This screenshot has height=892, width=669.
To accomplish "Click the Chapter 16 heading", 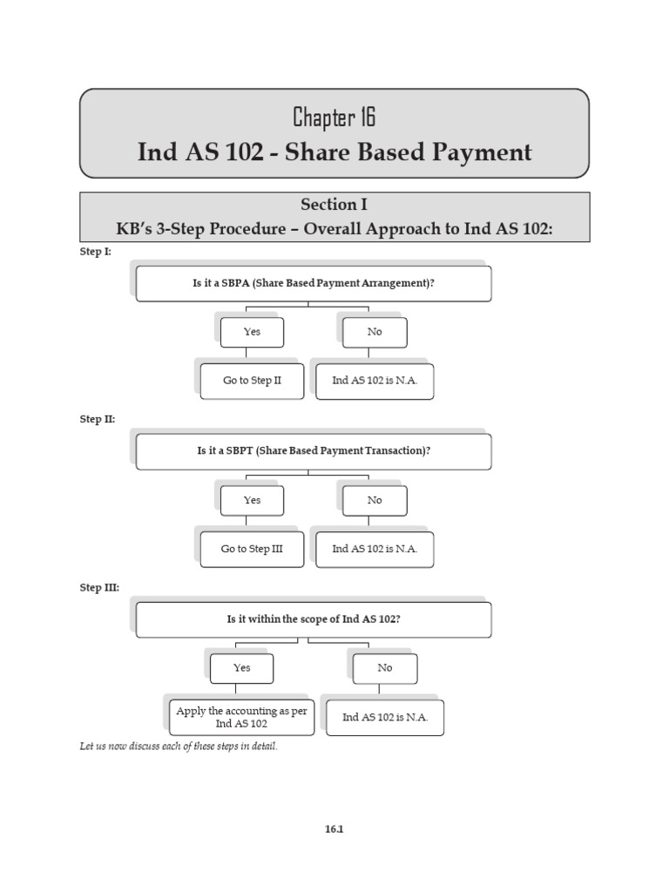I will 334,117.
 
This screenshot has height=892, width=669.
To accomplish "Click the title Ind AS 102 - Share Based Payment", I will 334,152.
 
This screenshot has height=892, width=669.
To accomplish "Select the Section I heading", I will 334,205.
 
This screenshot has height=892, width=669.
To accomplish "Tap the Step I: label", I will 96,251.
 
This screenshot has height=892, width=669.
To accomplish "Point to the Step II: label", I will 98,419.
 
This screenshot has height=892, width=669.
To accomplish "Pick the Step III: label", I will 99,587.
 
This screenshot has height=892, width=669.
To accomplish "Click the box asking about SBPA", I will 314,283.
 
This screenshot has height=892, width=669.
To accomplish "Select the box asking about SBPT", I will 314,451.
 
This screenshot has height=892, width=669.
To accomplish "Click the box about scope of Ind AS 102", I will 314,619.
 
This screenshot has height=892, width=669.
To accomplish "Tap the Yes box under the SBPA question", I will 252,332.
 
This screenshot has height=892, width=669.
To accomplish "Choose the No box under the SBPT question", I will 375,500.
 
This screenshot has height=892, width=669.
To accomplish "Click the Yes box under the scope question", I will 241,668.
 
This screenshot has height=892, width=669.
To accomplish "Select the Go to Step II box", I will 252,381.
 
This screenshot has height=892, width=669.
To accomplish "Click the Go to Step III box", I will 252,549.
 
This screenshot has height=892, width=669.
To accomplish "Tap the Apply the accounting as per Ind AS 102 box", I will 241,717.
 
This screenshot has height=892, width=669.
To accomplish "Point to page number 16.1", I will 334,829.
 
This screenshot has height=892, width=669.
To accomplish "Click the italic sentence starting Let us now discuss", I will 179,747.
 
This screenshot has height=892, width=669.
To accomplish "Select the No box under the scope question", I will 384,668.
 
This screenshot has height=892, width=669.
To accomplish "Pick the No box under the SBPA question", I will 375,332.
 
